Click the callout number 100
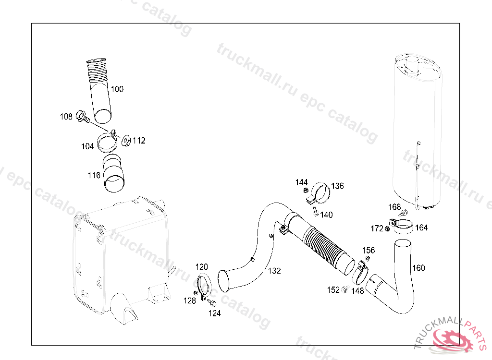tap(117, 89)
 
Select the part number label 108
tap(66, 117)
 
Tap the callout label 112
tap(139, 141)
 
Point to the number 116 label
tap(94, 175)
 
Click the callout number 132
tap(274, 271)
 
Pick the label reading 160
tap(418, 268)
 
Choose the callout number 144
tap(302, 182)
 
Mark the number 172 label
tap(377, 228)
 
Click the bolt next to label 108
tap(83, 117)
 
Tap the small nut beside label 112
tap(126, 141)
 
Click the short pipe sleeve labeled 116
tap(113, 173)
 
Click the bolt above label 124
tap(212, 302)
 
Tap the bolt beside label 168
tap(404, 213)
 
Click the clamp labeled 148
tap(360, 273)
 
